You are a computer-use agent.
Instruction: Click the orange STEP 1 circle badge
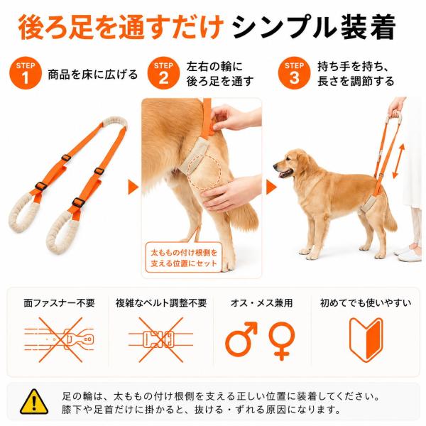tap(26, 73)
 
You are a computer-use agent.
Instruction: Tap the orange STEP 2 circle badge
tap(163, 73)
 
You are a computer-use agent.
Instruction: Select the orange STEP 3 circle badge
tap(294, 73)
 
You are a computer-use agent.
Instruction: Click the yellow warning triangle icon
tap(34, 402)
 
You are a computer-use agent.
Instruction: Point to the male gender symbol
tap(241, 339)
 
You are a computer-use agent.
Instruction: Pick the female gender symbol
tap(281, 341)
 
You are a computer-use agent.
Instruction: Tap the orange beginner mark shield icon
tap(366, 339)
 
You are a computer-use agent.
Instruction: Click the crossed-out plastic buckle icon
tap(160, 339)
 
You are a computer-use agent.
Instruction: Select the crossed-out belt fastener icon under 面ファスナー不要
tap(59, 339)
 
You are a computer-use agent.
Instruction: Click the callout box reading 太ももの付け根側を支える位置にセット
tap(184, 258)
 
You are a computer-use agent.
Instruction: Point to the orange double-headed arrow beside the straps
tap(398, 161)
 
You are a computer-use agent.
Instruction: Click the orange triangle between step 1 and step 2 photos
tap(133, 187)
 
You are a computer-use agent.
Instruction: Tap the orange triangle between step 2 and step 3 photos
tap(271, 187)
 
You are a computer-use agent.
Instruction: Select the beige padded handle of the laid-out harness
tap(114, 122)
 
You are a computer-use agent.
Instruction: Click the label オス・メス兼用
tap(261, 302)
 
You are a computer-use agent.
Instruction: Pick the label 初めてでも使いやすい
tap(366, 302)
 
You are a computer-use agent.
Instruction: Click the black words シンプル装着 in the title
tap(314, 28)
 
